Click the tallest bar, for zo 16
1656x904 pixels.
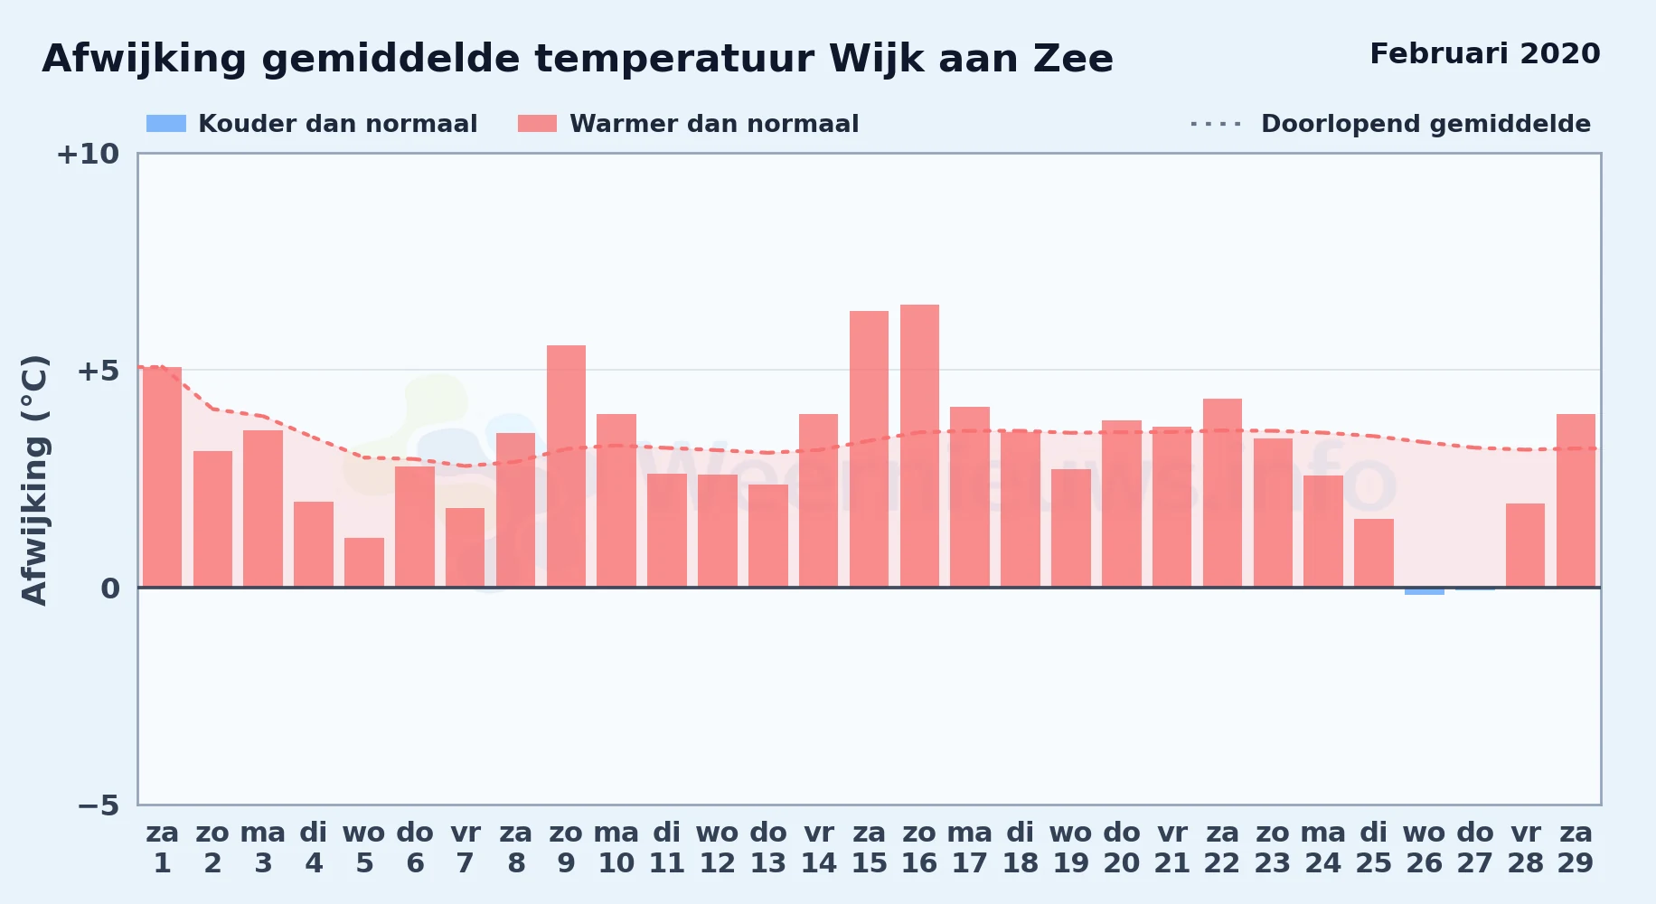click(919, 447)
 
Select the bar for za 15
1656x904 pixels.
click(869, 449)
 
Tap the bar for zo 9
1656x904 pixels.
click(566, 466)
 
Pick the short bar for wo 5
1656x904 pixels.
click(364, 562)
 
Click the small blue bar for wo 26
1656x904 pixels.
click(1424, 591)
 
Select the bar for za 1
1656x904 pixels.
click(162, 477)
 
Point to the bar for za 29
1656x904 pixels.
click(1576, 501)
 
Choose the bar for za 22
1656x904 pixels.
click(1222, 494)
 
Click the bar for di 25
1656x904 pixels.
click(1373, 553)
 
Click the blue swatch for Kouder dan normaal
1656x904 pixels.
click(166, 124)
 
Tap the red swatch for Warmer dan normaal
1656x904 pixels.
click(538, 124)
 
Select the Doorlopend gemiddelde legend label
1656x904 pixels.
click(1425, 124)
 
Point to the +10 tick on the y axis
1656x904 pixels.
click(88, 154)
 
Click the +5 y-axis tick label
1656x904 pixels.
click(98, 371)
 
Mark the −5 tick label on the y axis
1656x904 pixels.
click(98, 805)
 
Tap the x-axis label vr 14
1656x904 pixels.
click(818, 848)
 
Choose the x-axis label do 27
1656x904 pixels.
click(1474, 848)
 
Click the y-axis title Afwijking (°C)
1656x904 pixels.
click(34, 479)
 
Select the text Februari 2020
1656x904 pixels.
click(1485, 53)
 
